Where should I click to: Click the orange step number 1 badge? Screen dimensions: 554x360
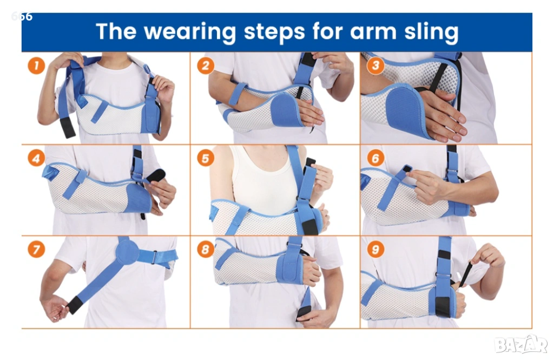click(x=36, y=66)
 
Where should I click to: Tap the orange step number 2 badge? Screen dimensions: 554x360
click(x=206, y=66)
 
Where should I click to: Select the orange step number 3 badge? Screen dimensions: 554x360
click(x=375, y=66)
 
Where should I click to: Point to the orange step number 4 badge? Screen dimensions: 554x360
click(x=36, y=158)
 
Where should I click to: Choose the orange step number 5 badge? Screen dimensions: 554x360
click(x=206, y=158)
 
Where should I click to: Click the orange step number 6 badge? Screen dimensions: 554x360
click(x=375, y=158)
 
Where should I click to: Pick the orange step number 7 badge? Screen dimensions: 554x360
click(x=36, y=250)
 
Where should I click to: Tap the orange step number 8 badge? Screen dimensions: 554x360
click(x=206, y=250)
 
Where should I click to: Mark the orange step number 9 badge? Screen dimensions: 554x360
click(x=375, y=250)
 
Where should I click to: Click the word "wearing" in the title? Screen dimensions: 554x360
click(x=190, y=32)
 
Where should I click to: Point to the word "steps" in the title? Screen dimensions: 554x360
click(x=274, y=32)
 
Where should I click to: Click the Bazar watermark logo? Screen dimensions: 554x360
click(x=521, y=344)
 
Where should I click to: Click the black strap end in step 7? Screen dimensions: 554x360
click(x=74, y=305)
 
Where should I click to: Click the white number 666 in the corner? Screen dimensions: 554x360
click(x=22, y=16)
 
